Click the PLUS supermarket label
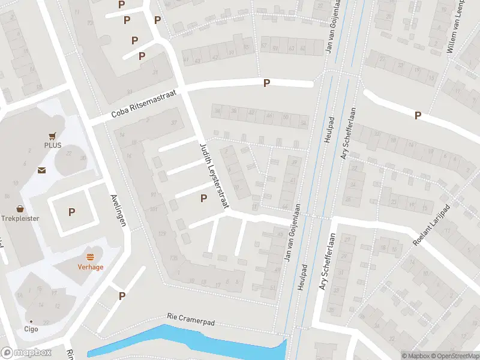(x=53, y=145)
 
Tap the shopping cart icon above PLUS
(x=53, y=136)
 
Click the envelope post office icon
(x=41, y=171)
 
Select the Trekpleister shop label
(x=20, y=218)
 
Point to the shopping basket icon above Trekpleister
(x=20, y=209)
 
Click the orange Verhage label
(x=90, y=267)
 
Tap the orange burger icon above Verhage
(x=91, y=257)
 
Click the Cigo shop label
(x=31, y=329)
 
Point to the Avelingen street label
(x=118, y=209)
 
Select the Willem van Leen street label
(x=457, y=27)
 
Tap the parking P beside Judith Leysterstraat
(x=203, y=198)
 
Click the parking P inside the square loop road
(x=72, y=212)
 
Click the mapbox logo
(x=26, y=353)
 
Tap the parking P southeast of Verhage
(x=122, y=295)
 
